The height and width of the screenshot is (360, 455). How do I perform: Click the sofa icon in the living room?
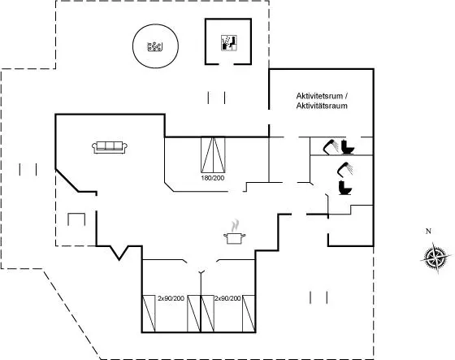coord(110,147)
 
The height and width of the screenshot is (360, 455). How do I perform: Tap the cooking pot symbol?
coord(235,238)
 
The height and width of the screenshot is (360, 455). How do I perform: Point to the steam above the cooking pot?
coord(236,226)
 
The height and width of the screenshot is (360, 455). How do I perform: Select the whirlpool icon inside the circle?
coord(154,46)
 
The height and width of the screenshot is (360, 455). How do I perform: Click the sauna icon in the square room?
coord(229,43)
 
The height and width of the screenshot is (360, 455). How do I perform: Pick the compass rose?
coord(435,258)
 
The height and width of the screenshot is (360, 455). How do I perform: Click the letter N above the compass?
coord(428,231)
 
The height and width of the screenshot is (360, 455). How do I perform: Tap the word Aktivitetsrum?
coord(319,96)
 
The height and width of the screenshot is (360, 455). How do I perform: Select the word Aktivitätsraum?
coord(322,106)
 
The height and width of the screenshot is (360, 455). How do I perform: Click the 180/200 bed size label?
coord(213,178)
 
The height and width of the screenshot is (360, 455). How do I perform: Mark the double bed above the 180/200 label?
coord(213,154)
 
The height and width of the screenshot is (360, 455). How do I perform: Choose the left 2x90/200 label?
coord(171,298)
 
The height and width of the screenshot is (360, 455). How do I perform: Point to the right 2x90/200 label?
coord(227,298)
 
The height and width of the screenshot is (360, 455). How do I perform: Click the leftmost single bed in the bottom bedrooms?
coord(149,314)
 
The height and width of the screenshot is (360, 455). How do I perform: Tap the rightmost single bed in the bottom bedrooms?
coord(249,314)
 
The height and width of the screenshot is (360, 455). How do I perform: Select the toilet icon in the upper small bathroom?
coord(348,147)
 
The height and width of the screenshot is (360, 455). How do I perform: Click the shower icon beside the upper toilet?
coord(331,146)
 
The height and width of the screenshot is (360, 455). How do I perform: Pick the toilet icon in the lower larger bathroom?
coord(345,188)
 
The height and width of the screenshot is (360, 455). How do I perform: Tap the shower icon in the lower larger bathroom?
coord(345,169)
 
